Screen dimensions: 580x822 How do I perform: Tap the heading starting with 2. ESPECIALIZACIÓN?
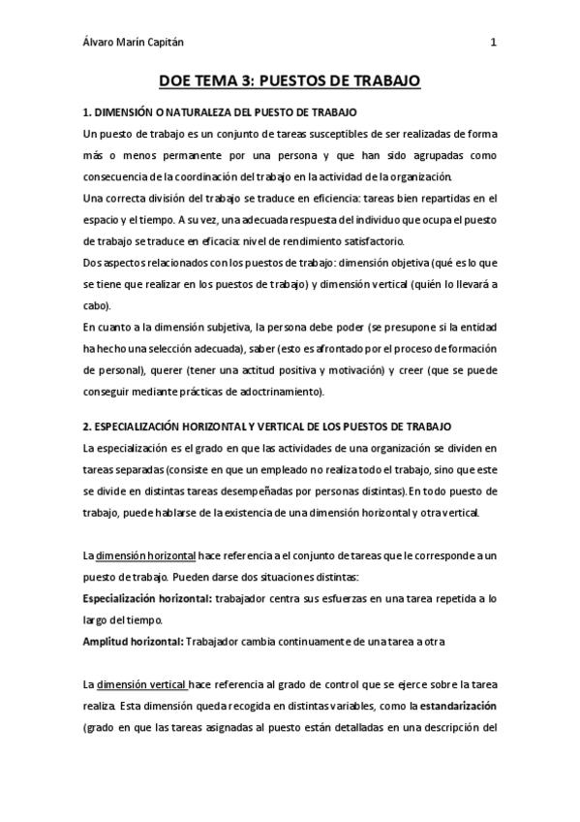(x=261, y=427)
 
